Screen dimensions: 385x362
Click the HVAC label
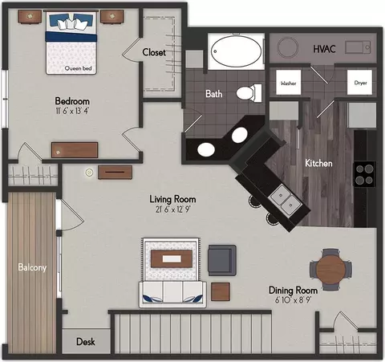coord(324,49)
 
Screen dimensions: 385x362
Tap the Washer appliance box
coord(288,83)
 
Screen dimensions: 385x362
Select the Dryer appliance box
coord(359,83)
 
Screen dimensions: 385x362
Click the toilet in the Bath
coord(249,93)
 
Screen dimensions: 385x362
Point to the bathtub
coord(236,51)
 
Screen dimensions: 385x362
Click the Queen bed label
coord(78,68)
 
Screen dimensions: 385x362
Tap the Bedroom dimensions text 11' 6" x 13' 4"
coord(72,111)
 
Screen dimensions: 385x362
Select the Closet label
coord(154,52)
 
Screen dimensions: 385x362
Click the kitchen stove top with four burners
coord(364,174)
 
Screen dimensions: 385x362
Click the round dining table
coord(330,269)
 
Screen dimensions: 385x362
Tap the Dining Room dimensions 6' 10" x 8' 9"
coord(293,300)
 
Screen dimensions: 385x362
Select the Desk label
coord(86,342)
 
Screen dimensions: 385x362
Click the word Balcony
coord(32,267)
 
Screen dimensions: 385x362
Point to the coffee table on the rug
coord(172,258)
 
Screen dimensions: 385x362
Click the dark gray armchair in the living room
coord(222,260)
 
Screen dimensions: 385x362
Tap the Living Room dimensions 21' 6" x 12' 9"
coord(172,209)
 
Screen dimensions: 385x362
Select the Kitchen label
coord(318,163)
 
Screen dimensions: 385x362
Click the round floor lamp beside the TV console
coord(89,173)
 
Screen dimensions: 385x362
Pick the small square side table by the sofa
coord(221,291)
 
